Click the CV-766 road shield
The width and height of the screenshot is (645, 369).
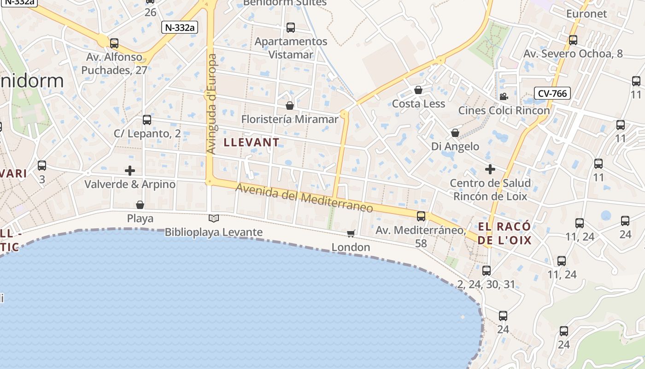[x=552, y=94]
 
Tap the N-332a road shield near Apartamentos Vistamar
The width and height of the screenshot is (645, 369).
[x=180, y=27]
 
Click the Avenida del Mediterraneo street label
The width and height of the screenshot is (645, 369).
[x=304, y=198]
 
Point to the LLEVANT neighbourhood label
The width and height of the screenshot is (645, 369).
[x=252, y=143]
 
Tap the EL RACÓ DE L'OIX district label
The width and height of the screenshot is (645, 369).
[x=504, y=233]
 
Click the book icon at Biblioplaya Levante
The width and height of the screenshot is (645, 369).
[x=213, y=218]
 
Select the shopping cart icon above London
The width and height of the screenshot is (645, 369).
[x=351, y=233]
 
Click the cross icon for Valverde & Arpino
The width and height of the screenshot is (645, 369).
[x=130, y=171]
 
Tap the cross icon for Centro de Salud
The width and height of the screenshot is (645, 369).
[x=490, y=169]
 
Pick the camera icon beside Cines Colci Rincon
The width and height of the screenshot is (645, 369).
[x=504, y=96]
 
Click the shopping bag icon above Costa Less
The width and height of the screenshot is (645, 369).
[x=418, y=90]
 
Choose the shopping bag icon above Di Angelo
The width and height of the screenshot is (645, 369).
[x=455, y=133]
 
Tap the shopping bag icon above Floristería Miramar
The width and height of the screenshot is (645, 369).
[x=290, y=106]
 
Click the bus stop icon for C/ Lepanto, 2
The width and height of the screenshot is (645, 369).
[x=147, y=120]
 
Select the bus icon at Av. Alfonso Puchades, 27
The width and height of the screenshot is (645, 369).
[x=114, y=43]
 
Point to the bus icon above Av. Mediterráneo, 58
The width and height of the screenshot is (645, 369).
[x=421, y=216]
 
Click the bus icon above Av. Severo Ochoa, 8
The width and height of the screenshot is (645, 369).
[x=573, y=40]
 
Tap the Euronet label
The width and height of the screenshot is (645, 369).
[x=586, y=13]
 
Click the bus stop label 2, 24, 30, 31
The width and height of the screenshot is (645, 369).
[x=486, y=284]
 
